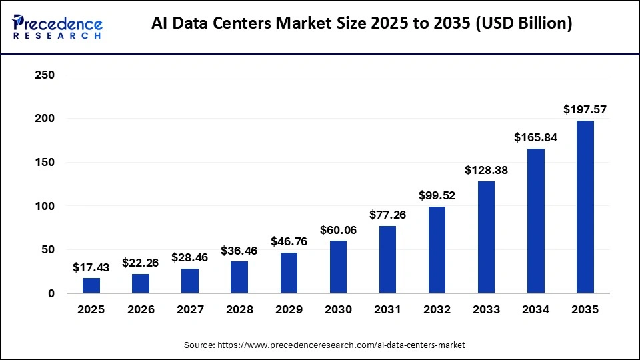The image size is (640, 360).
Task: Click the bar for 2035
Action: [x=585, y=207]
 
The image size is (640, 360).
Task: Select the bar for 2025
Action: [x=91, y=285]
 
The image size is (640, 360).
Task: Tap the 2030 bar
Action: [x=338, y=267]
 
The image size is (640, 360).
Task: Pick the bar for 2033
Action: [x=486, y=237]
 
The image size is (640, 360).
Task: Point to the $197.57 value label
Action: [x=585, y=109]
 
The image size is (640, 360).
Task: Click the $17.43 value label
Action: [x=91, y=267]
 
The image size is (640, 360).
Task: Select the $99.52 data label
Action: [x=437, y=195]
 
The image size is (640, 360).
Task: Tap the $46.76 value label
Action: [x=289, y=241]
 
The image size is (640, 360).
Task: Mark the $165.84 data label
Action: [x=535, y=137]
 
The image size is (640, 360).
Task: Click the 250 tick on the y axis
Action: [x=45, y=75]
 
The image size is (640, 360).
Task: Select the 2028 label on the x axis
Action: [x=239, y=310]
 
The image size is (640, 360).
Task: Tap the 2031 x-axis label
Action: [x=387, y=310]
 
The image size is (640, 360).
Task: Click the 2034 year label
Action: [x=535, y=310]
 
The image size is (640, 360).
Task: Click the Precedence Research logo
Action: [x=57, y=27]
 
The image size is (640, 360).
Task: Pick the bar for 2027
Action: [x=190, y=281]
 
